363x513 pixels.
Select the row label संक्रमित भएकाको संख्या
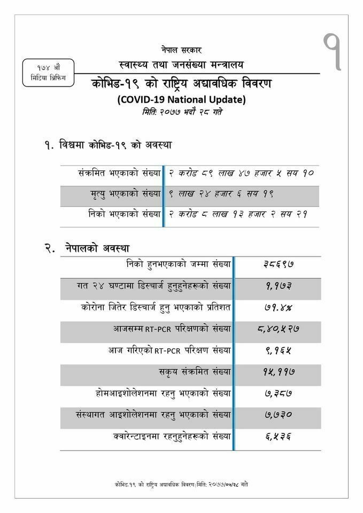(x=119, y=174)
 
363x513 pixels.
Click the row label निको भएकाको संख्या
(x=124, y=215)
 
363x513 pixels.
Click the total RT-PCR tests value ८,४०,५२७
(x=277, y=329)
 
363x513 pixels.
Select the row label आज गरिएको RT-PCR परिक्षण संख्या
(x=170, y=351)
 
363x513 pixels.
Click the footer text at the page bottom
(x=181, y=484)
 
